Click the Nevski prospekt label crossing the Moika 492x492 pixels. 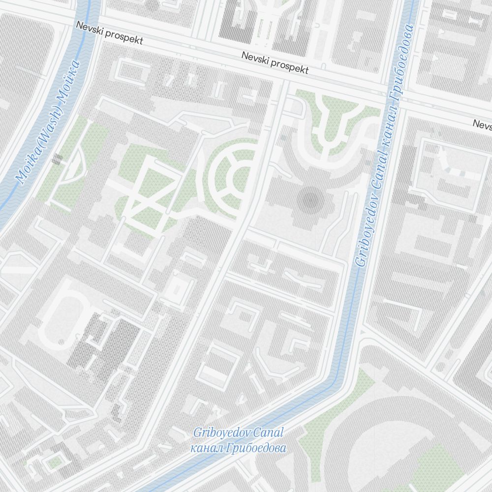pyautogui.click(x=109, y=32)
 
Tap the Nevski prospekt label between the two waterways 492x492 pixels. pyautogui.click(x=275, y=63)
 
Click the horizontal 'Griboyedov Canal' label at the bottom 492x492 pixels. pyautogui.click(x=239, y=433)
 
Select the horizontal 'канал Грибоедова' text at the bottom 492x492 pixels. pyautogui.click(x=238, y=448)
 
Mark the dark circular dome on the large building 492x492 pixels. pyautogui.click(x=310, y=199)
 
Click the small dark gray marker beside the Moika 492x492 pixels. pyautogui.click(x=57, y=158)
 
